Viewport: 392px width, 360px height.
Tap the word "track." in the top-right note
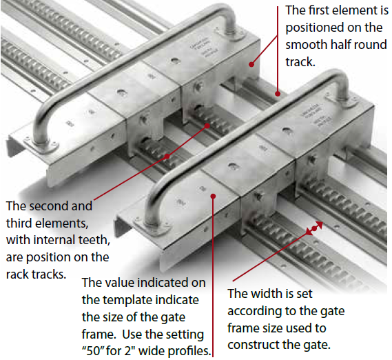click(x=300, y=62)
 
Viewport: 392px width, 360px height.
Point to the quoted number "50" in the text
click(x=93, y=351)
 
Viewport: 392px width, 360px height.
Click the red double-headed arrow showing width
click(x=315, y=228)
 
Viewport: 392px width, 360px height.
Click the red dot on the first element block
click(x=251, y=64)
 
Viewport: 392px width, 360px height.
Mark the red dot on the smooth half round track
click(x=278, y=94)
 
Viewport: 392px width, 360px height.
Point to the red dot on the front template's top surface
click(x=213, y=197)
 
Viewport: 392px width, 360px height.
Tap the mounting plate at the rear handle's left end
click(x=41, y=146)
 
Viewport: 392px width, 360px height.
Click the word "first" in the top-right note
click(x=319, y=10)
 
